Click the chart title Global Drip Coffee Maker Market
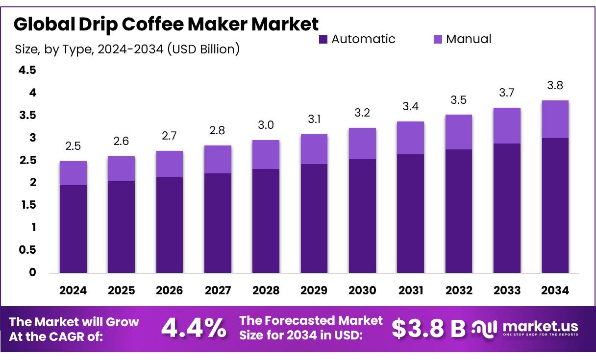pyautogui.click(x=166, y=24)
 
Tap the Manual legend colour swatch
pyautogui.click(x=437, y=39)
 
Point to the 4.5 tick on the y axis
pyautogui.click(x=27, y=71)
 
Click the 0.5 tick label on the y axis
pyautogui.click(x=27, y=250)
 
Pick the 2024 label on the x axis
pyautogui.click(x=73, y=290)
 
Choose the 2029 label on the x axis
pyautogui.click(x=314, y=290)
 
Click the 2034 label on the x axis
pyautogui.click(x=555, y=290)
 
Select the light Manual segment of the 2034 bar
pyautogui.click(x=555, y=119)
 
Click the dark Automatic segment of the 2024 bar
pyautogui.click(x=73, y=229)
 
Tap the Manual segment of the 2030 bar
pyautogui.click(x=362, y=144)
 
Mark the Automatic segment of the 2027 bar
pyautogui.click(x=218, y=223)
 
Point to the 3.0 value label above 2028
pyautogui.click(x=266, y=126)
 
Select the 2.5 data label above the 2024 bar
pyautogui.click(x=73, y=146)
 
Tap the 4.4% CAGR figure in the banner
pyautogui.click(x=194, y=329)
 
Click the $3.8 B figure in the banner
pyautogui.click(x=428, y=329)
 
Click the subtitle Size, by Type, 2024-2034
pyautogui.click(x=127, y=49)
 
